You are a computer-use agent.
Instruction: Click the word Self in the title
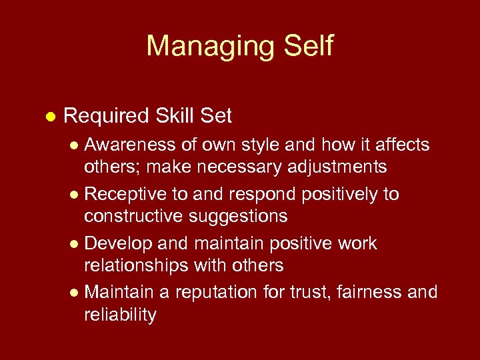[x=303, y=47]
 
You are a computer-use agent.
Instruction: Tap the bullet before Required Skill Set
[x=48, y=117]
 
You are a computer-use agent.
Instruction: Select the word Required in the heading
[x=105, y=117]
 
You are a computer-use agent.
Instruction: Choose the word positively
[x=341, y=194]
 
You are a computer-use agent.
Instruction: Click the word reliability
[x=119, y=314]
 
